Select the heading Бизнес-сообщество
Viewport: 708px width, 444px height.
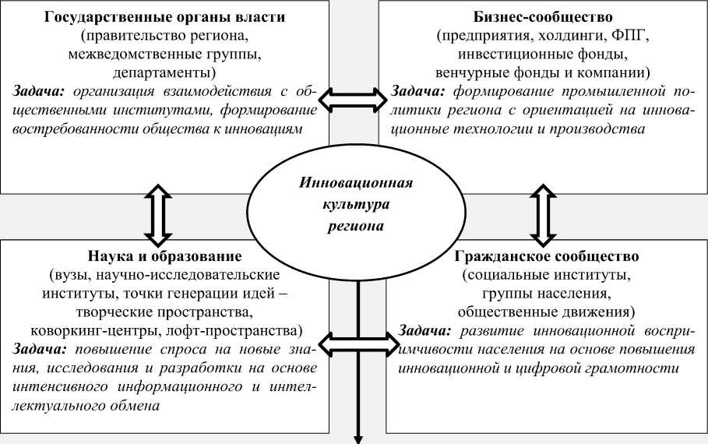point(541,17)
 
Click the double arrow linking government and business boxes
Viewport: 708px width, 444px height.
point(356,98)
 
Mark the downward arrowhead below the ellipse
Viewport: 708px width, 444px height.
point(359,437)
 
